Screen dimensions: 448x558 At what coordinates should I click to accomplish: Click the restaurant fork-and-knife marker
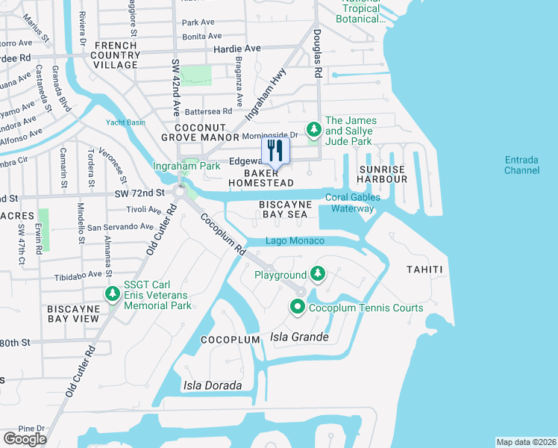(x=275, y=152)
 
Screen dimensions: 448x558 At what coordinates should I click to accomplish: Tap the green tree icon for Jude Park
(x=314, y=130)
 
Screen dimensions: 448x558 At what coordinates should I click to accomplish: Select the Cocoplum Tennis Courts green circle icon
(x=297, y=307)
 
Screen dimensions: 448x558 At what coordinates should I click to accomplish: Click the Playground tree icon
(x=318, y=274)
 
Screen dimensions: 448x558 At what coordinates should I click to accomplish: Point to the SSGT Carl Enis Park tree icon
(x=112, y=294)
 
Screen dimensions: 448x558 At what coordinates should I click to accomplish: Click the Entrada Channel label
(x=521, y=165)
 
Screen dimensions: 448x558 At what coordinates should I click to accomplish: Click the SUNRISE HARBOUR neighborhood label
(x=383, y=174)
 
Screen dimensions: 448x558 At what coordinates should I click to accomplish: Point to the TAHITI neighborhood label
(x=425, y=269)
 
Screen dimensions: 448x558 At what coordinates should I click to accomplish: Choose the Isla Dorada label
(x=213, y=385)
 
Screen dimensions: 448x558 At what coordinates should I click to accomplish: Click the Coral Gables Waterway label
(x=353, y=202)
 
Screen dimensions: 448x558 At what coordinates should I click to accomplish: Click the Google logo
(x=25, y=439)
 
